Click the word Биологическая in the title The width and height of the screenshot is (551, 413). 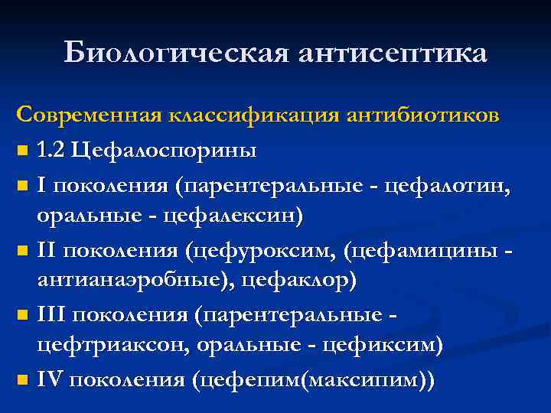[x=174, y=53]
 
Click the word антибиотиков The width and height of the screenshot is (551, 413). [x=424, y=115]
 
